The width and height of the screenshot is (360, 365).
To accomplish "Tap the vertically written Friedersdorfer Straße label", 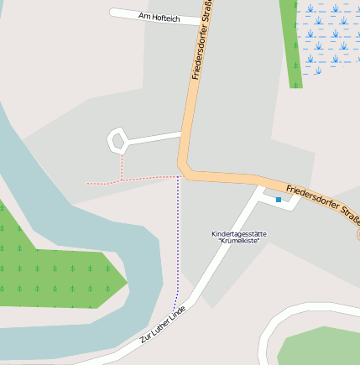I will click(201, 40).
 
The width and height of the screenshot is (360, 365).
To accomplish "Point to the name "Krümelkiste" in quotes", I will click(239, 241).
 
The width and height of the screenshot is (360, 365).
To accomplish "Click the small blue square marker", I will click(279, 200).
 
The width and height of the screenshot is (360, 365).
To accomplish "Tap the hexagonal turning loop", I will click(117, 140).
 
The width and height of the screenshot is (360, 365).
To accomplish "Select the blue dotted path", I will click(178, 243).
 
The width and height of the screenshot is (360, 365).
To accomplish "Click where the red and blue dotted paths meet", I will click(178, 177).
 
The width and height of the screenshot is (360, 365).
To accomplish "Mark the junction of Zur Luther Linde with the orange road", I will click(258, 186).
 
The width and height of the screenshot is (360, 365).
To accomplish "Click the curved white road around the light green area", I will click(277, 323).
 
